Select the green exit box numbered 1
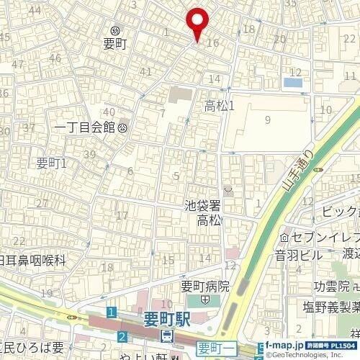click(111, 312)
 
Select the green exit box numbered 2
click(123, 336)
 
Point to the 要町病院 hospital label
click(204, 286)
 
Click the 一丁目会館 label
click(85, 127)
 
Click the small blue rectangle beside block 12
click(293, 83)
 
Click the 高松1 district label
click(220, 106)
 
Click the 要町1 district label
click(51, 163)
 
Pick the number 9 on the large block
click(267, 120)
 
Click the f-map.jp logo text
click(289, 345)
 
